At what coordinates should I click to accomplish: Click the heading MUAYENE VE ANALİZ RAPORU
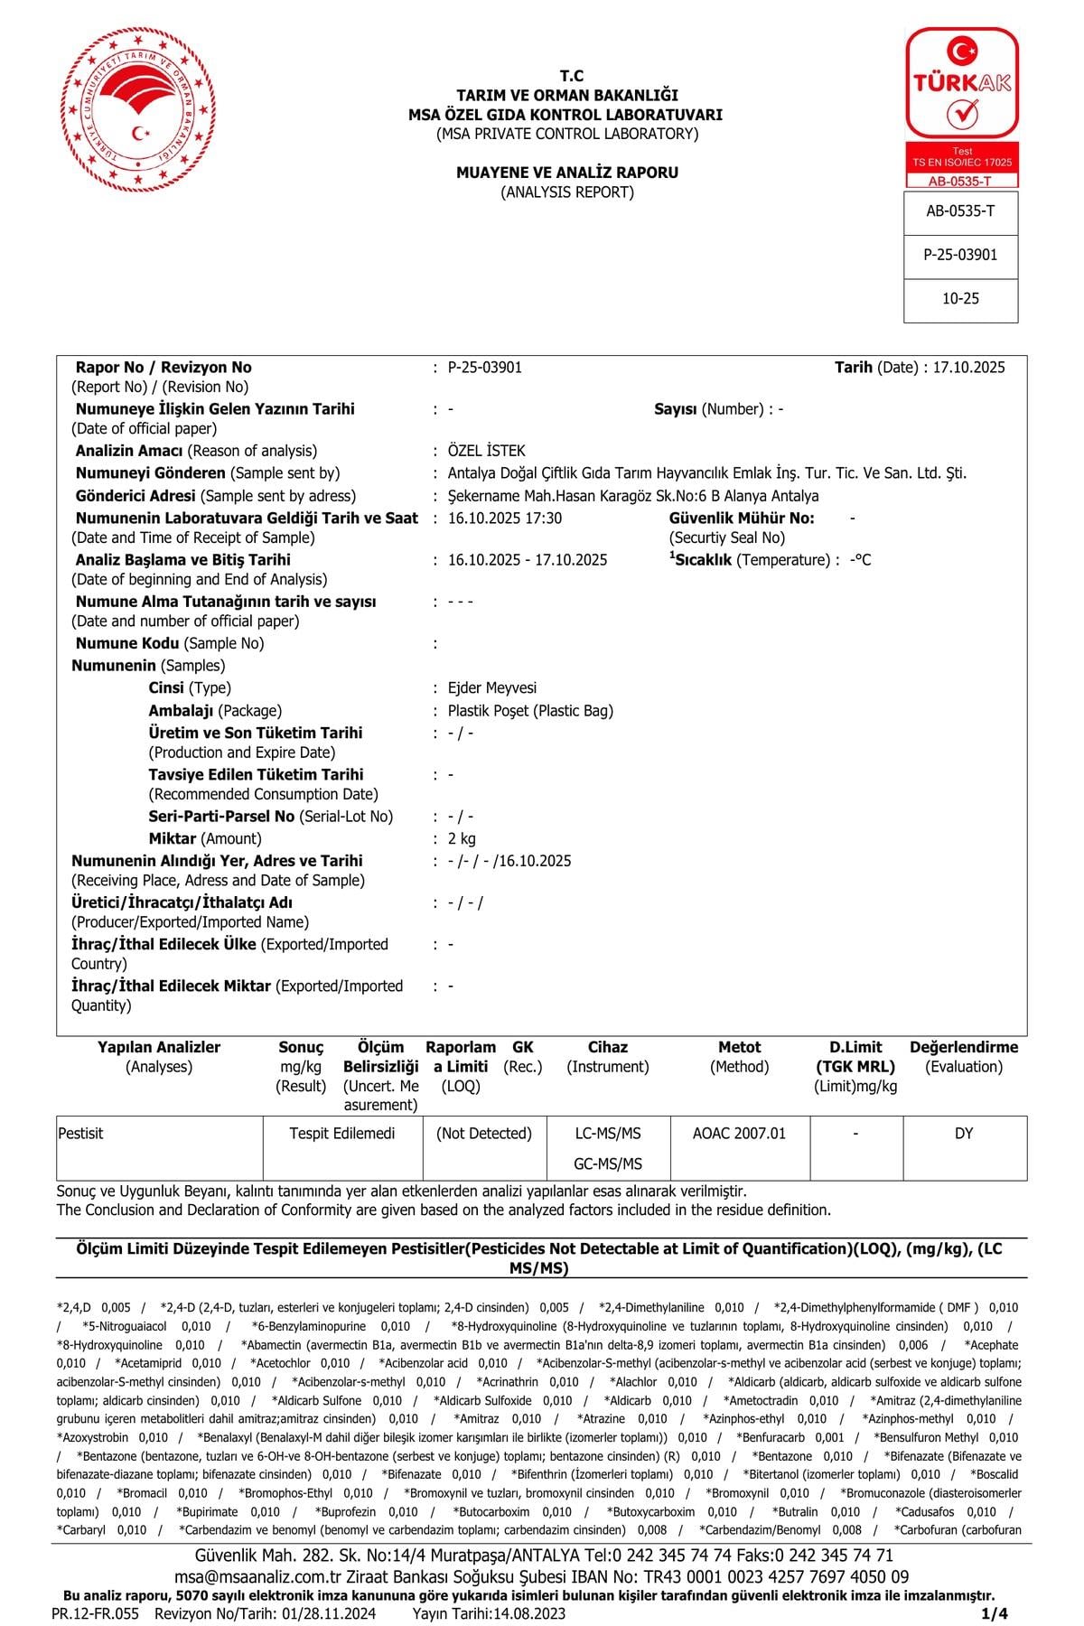(x=566, y=173)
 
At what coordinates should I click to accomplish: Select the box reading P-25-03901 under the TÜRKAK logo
(x=960, y=255)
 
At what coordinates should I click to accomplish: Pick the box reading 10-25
(x=960, y=299)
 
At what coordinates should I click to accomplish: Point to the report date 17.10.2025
(x=968, y=368)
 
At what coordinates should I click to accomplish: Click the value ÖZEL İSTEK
(x=486, y=451)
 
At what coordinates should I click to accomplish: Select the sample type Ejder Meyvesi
(x=492, y=688)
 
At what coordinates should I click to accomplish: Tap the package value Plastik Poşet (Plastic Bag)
(x=530, y=711)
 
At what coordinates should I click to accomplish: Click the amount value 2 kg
(x=462, y=839)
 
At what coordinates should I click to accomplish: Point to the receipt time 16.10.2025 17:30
(x=505, y=519)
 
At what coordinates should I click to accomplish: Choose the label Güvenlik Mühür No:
(x=742, y=519)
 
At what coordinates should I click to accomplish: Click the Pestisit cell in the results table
(x=81, y=1134)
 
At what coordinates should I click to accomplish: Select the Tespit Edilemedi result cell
(x=342, y=1134)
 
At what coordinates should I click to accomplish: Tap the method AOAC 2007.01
(x=739, y=1134)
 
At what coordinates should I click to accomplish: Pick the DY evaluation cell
(x=964, y=1134)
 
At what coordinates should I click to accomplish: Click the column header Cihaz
(x=608, y=1048)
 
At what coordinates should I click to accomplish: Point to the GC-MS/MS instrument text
(x=608, y=1163)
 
